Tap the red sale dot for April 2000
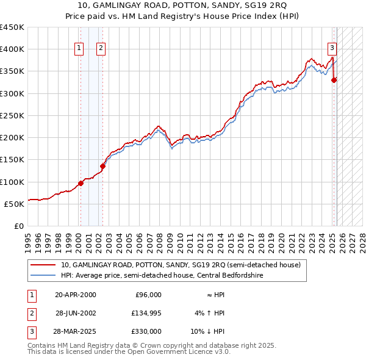pyautogui.click(x=81, y=183)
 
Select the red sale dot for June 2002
pyautogui.click(x=102, y=166)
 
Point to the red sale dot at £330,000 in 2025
pyautogui.click(x=334, y=80)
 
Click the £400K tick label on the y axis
pyautogui.click(x=12, y=49)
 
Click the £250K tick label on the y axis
pyautogui.click(x=12, y=115)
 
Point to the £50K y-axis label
pyautogui.click(x=14, y=204)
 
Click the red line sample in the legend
pyautogui.click(x=43, y=265)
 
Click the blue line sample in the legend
pyautogui.click(x=43, y=275)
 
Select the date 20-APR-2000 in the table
pyautogui.click(x=76, y=295)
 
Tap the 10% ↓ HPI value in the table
pyautogui.click(x=208, y=331)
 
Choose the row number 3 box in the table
pyautogui.click(x=32, y=331)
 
